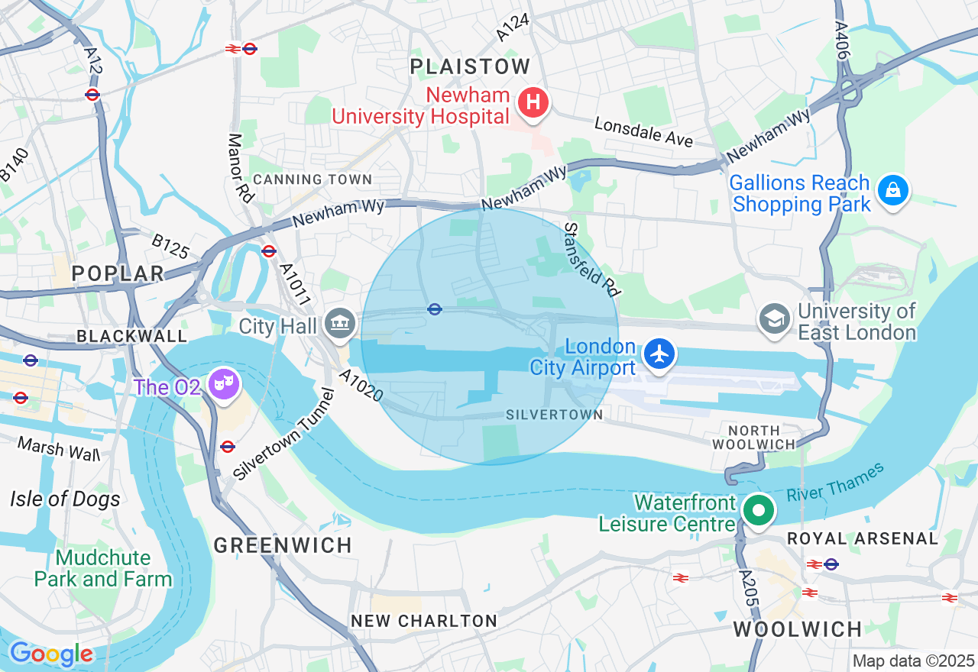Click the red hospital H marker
[x=533, y=102]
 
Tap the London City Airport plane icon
[x=659, y=354]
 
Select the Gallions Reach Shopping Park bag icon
[x=892, y=190]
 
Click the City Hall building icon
[x=338, y=323]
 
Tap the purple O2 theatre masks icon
[x=224, y=384]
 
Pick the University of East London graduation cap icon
[x=775, y=318]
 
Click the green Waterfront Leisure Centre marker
[x=758, y=511]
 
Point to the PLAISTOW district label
[x=470, y=66]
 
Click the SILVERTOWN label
[x=554, y=415]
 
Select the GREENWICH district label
[x=283, y=545]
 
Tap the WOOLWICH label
[x=798, y=629]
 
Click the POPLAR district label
[x=118, y=273]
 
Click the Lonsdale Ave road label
[x=643, y=132]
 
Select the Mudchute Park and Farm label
[x=103, y=568]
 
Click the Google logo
[x=51, y=654]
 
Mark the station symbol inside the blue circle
[x=434, y=309]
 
